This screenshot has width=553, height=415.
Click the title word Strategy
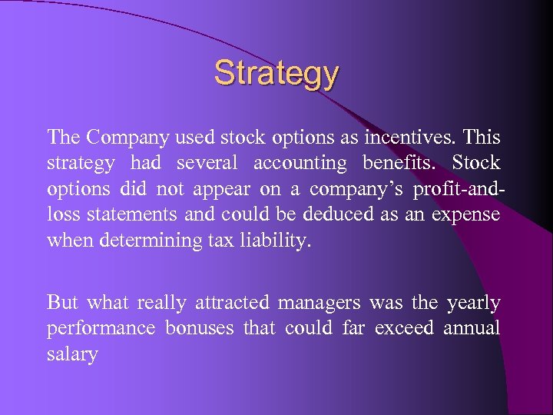click(276, 75)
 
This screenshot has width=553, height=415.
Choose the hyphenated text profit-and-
click(456, 189)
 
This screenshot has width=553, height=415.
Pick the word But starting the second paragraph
click(63, 303)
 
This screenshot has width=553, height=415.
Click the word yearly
click(472, 303)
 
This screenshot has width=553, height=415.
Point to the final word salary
click(72, 355)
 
